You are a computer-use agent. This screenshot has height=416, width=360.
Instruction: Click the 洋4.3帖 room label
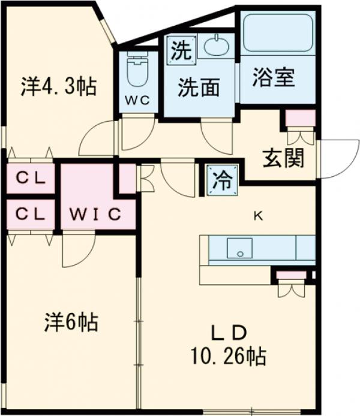(x=58, y=88)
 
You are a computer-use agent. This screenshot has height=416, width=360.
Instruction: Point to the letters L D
(x=228, y=334)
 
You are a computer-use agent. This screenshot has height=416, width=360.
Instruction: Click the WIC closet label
(x=95, y=213)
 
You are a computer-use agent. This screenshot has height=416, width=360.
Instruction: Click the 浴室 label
(x=274, y=79)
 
